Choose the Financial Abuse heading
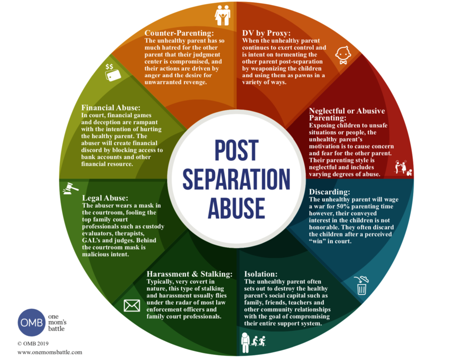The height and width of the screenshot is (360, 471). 110,107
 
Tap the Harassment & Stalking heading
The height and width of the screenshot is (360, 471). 189,274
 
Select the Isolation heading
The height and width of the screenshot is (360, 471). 260,274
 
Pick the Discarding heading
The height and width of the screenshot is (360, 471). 330,192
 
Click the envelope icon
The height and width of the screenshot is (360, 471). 132,306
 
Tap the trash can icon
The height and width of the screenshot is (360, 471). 361,286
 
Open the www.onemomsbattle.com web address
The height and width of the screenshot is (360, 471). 50,352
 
